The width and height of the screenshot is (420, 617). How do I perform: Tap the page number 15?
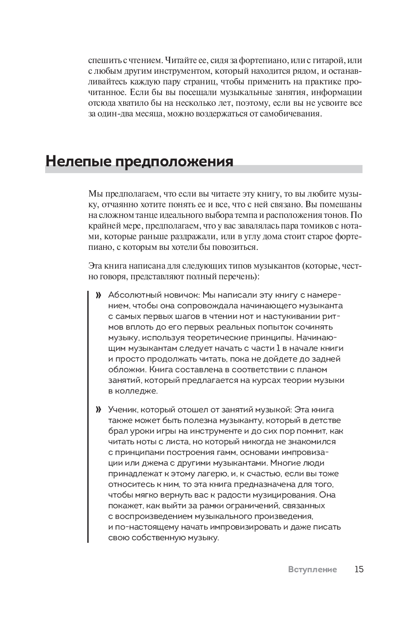point(359,569)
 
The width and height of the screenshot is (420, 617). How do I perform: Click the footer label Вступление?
point(312,570)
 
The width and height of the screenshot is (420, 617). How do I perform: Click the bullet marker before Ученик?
point(98,410)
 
